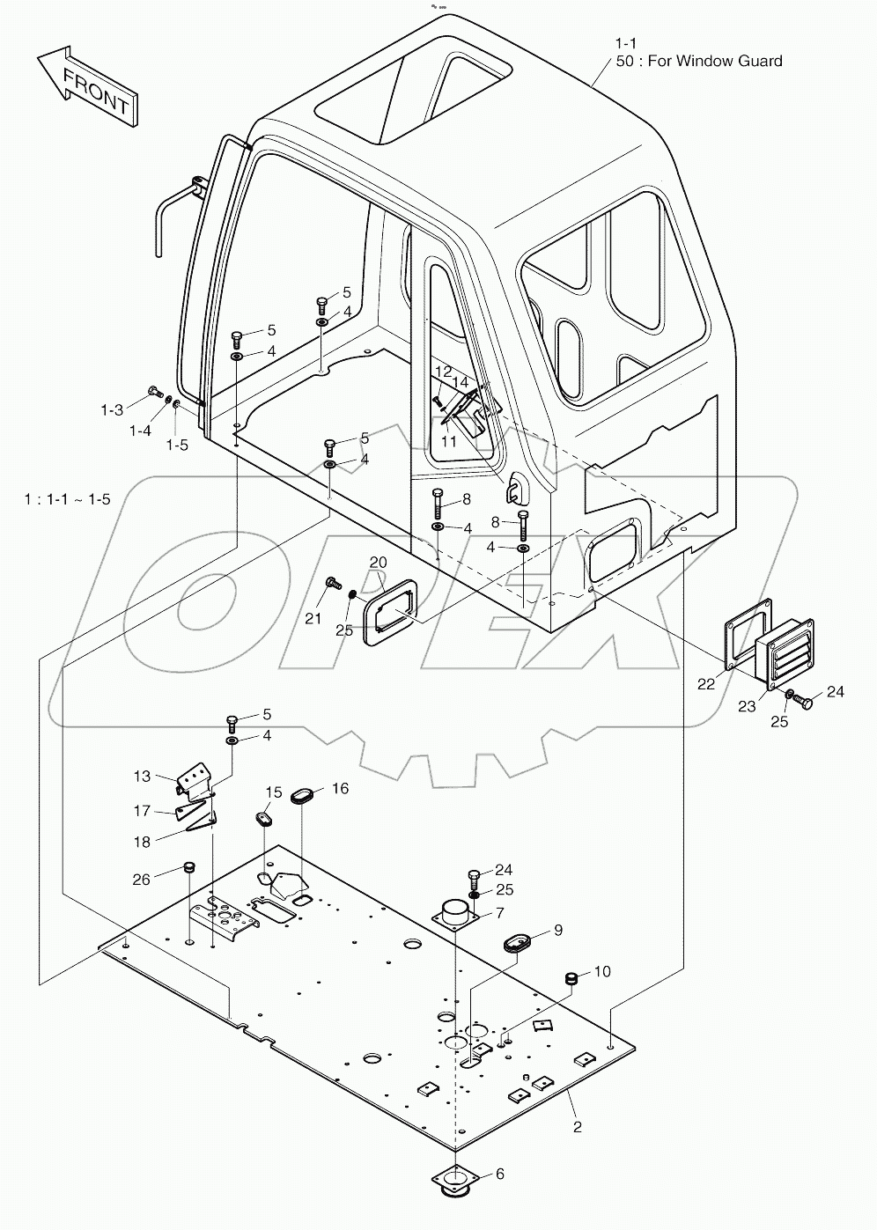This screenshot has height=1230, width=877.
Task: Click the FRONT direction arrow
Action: (x=86, y=89)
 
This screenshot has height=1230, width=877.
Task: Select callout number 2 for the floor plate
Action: (x=578, y=1126)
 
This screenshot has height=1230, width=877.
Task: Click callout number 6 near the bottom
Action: (x=499, y=1174)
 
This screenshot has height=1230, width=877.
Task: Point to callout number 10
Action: (x=602, y=971)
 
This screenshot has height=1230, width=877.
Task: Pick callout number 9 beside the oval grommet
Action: (x=557, y=930)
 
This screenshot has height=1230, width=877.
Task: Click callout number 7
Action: (x=499, y=912)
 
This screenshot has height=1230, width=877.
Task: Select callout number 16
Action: (x=339, y=788)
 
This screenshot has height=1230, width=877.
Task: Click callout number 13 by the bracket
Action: (x=143, y=776)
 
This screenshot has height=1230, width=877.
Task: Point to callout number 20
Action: (x=378, y=562)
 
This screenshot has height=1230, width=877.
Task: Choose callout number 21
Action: (x=313, y=619)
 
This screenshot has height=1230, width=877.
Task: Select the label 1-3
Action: (x=111, y=409)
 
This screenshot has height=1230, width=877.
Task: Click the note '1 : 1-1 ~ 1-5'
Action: (x=68, y=499)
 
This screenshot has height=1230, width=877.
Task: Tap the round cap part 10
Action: (x=571, y=978)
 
